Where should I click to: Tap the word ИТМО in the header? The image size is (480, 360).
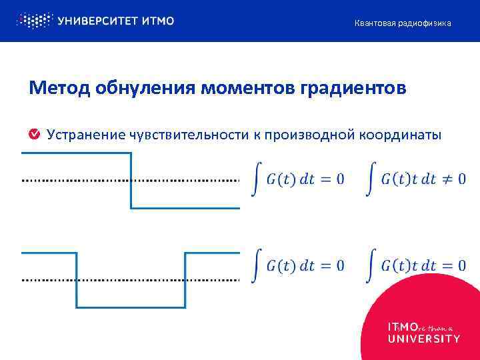[x=158, y=21]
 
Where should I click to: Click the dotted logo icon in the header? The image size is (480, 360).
[x=33, y=21]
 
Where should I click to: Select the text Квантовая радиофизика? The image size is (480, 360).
[x=403, y=23]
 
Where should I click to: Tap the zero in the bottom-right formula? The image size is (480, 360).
[x=461, y=265]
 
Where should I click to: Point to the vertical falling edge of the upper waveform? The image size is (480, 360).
[x=131, y=181]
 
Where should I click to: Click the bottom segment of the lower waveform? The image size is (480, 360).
[x=131, y=307]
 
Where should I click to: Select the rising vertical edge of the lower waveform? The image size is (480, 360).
[x=185, y=280]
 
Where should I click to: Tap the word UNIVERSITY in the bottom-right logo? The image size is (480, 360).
[x=424, y=339]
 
